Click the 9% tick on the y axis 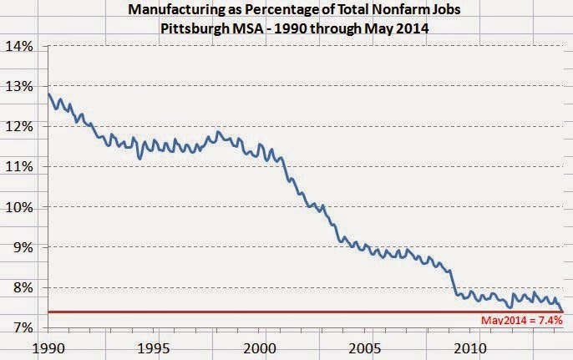click(20, 247)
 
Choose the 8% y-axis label click(20, 287)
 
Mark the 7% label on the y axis click(20, 327)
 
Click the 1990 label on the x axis click(48, 346)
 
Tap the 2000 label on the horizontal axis click(259, 346)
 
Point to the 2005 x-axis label click(364, 346)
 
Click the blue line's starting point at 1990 click(48, 94)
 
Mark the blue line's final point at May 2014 click(561, 312)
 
